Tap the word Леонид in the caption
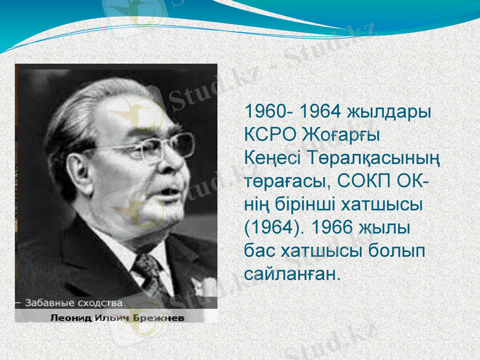point(68,317)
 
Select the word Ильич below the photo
point(110,317)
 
